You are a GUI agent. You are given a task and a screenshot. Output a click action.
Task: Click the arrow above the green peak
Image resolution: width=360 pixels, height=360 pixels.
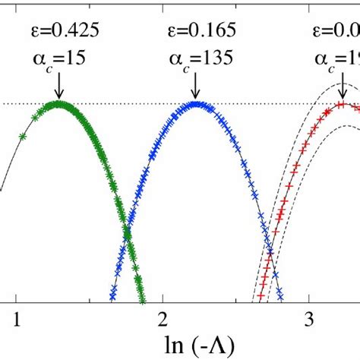coord(58,85)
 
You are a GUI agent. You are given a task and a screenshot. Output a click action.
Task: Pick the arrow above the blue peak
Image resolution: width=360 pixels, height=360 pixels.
coord(196,85)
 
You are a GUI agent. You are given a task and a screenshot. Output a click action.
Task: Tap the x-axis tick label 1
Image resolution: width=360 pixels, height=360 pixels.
coord(17,320)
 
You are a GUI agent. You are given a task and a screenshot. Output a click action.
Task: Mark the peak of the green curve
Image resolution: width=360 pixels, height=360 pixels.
coord(58,103)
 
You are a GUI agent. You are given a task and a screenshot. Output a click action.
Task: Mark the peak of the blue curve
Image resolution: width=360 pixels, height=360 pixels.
coord(196,103)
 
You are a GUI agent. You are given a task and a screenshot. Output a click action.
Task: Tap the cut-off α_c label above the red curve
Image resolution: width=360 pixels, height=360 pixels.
coord(338,60)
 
